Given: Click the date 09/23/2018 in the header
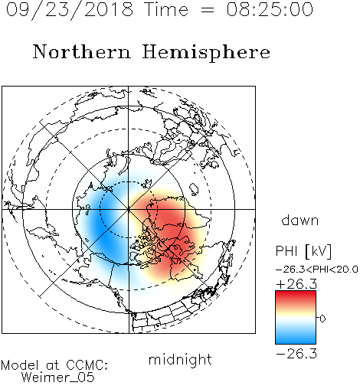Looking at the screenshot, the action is (x=70, y=10).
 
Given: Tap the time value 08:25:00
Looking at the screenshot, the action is (x=270, y=9).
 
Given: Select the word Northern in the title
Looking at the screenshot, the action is (x=82, y=51).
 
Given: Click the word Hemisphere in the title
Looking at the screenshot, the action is (x=206, y=53).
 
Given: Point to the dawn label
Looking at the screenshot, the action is (x=300, y=221).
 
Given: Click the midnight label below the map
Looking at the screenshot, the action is (x=180, y=360).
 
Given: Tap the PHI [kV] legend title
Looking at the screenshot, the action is (x=303, y=251).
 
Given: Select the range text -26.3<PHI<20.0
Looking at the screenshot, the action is (x=316, y=270).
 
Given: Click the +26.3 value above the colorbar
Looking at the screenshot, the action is (x=296, y=284).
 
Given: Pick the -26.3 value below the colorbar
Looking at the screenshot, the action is (x=296, y=354).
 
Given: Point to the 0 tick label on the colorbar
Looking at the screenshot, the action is (x=322, y=319).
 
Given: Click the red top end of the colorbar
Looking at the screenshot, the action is (x=296, y=293).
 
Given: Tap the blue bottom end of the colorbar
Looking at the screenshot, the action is (x=296, y=342).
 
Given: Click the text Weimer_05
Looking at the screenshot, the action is (x=58, y=378).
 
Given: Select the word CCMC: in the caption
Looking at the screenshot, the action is (x=87, y=365).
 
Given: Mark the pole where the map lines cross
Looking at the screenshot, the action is (x=129, y=209).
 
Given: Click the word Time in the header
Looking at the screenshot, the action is (x=166, y=9).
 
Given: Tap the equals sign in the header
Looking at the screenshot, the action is (x=208, y=10).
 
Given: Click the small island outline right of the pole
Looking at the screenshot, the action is (x=194, y=189).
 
